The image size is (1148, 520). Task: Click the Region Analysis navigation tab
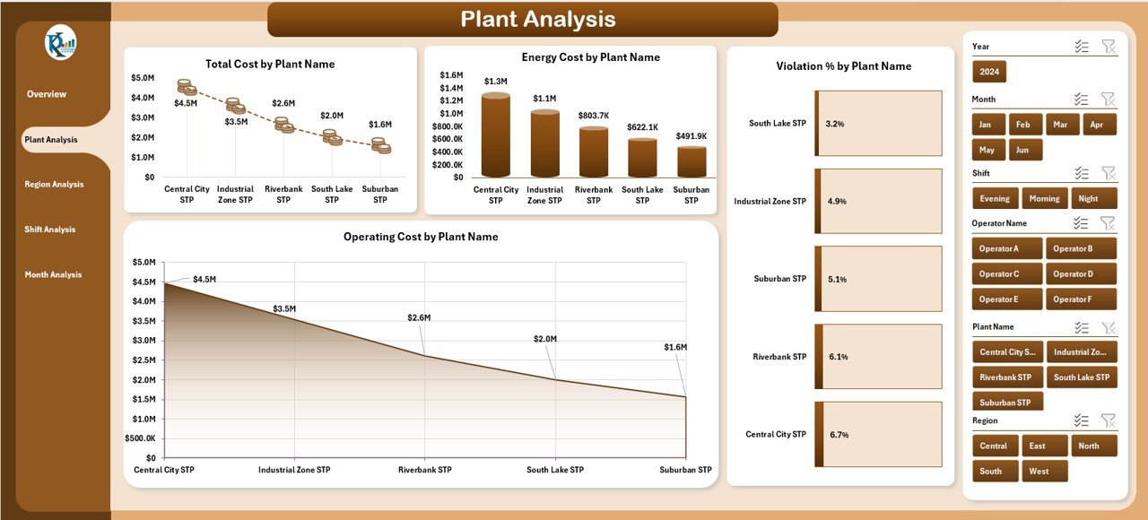click(55, 185)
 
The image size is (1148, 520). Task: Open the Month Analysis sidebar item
click(54, 275)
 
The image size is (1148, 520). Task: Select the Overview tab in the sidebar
click(47, 94)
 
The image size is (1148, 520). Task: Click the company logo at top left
click(61, 43)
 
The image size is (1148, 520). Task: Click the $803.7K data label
click(593, 116)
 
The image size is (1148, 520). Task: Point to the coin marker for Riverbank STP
click(283, 125)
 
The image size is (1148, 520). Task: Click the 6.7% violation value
click(839, 435)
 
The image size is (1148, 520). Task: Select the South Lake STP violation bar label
click(778, 124)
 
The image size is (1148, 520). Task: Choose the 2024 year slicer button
click(990, 72)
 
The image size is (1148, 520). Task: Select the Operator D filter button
click(1082, 274)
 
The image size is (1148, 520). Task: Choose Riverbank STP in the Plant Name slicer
click(1006, 377)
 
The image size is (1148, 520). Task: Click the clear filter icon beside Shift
click(1108, 173)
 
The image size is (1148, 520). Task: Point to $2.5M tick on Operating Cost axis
click(143, 360)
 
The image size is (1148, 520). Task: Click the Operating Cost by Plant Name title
click(421, 238)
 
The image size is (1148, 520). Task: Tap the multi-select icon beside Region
click(1081, 420)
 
